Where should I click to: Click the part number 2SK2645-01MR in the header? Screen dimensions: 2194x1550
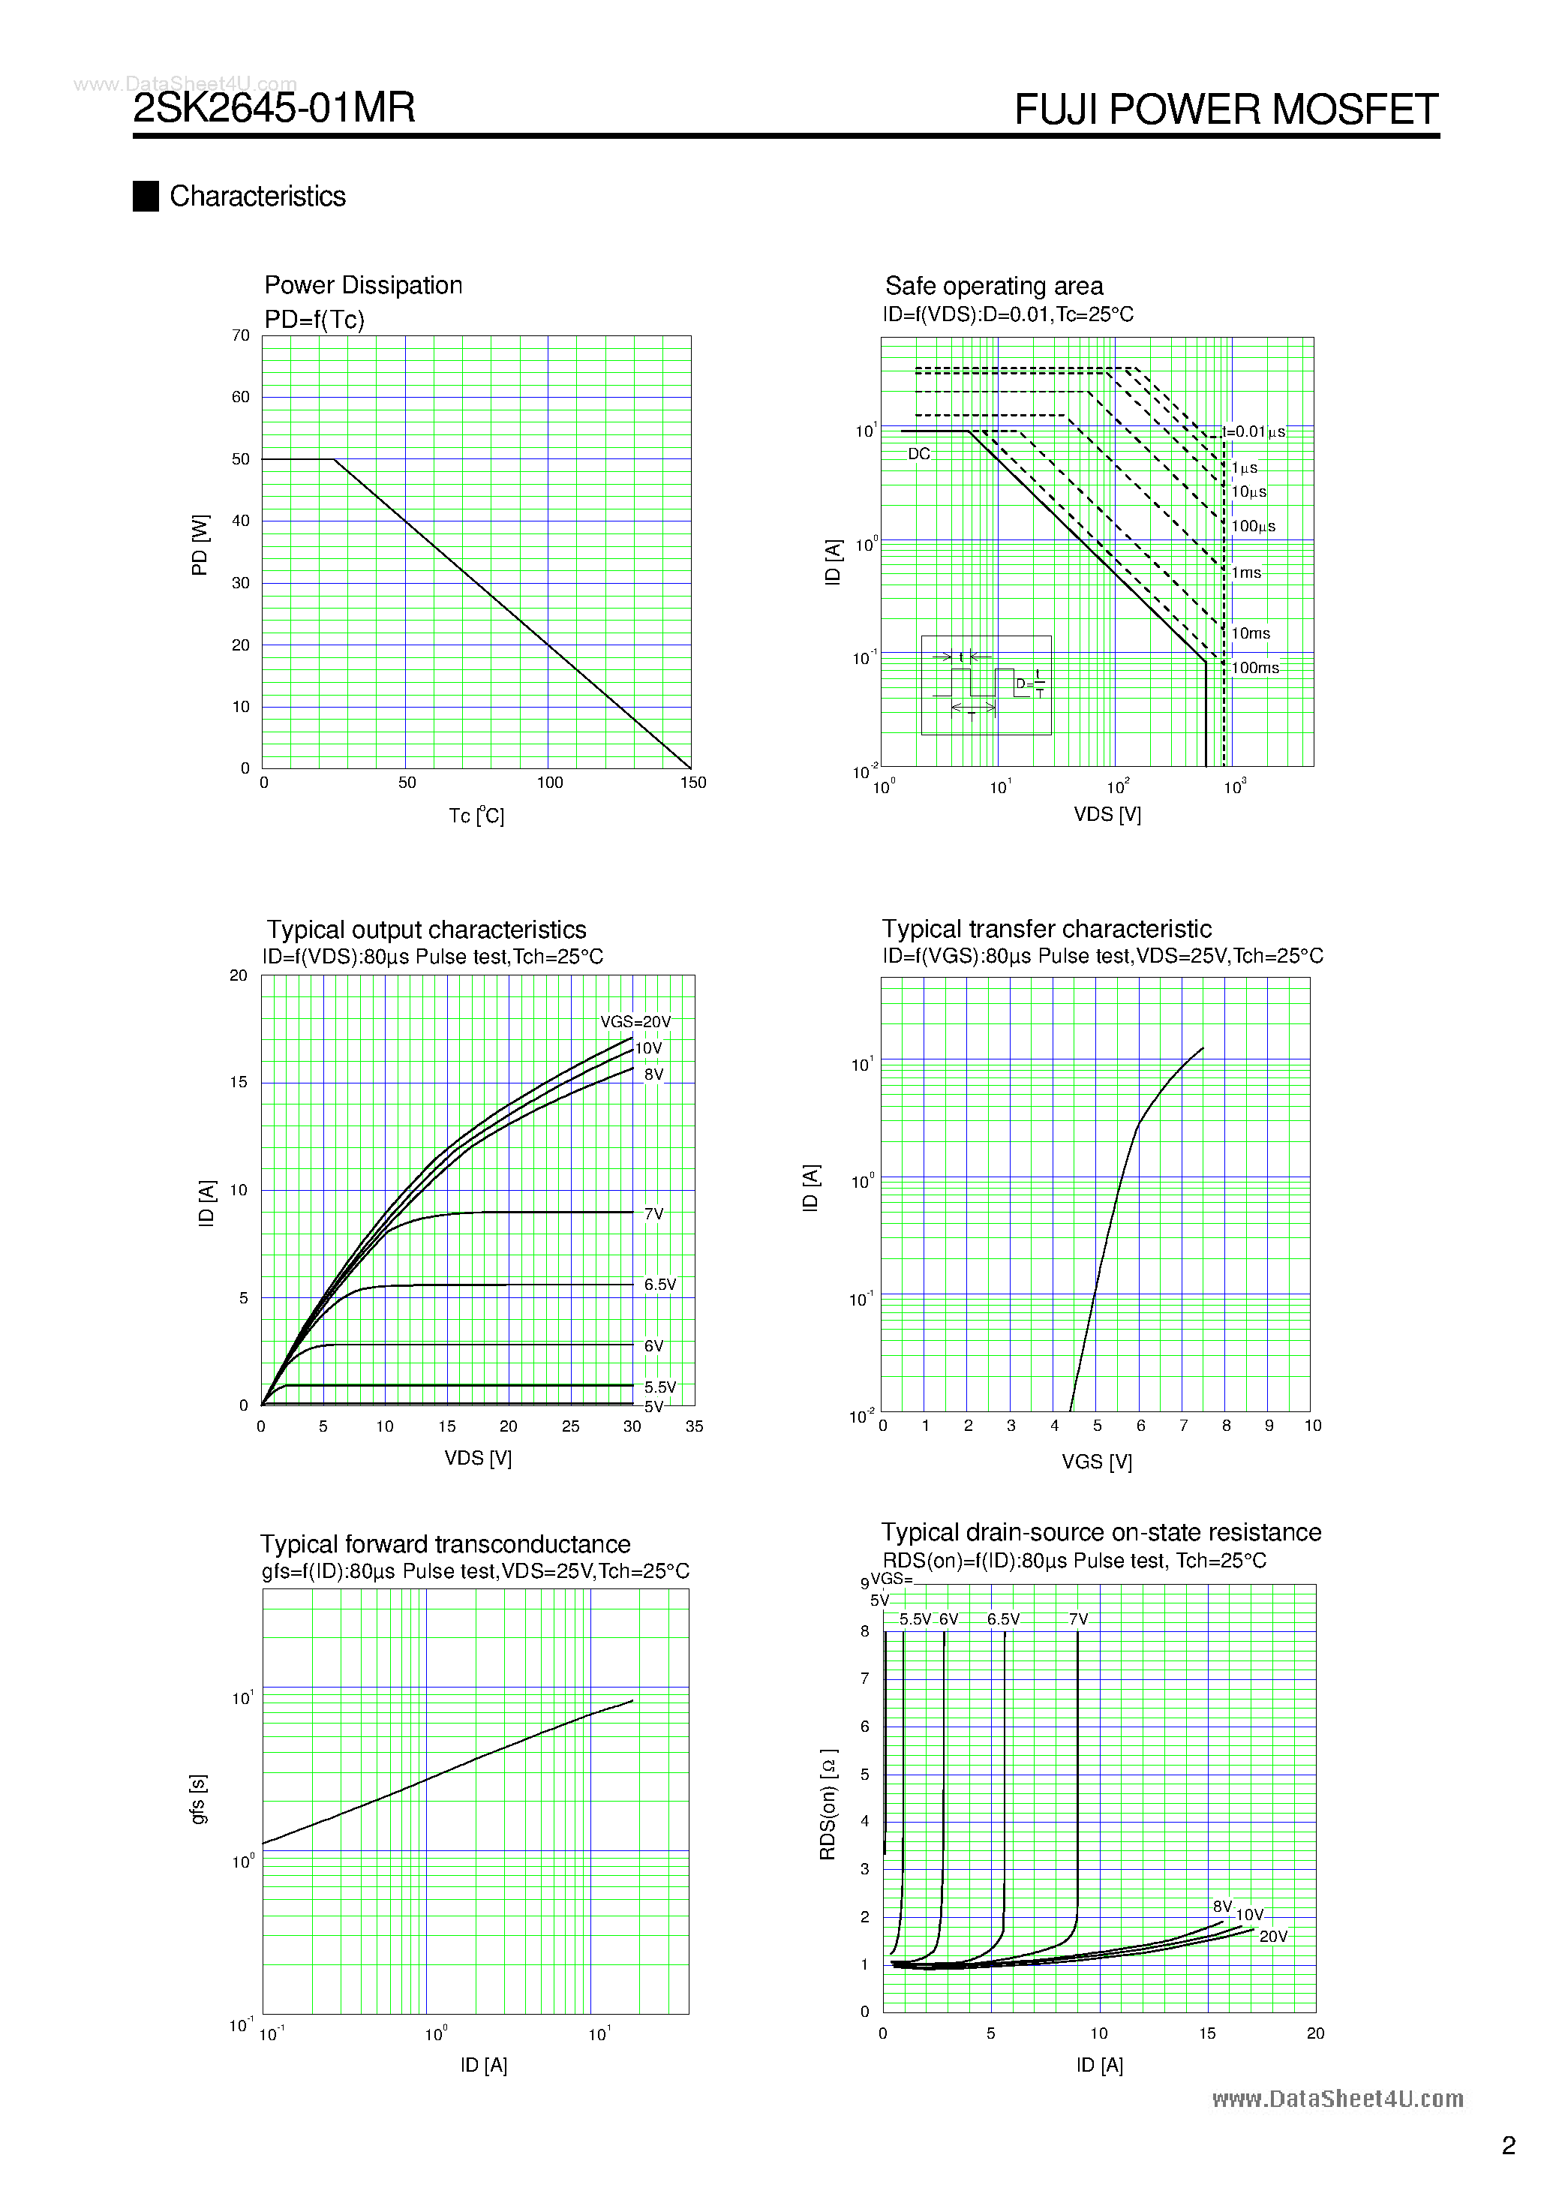pyautogui.click(x=275, y=108)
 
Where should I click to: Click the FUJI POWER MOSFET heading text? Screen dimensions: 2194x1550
pyautogui.click(x=1226, y=110)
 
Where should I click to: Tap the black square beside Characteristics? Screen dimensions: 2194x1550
pyautogui.click(x=146, y=196)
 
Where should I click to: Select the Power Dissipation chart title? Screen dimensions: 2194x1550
pyautogui.click(x=363, y=285)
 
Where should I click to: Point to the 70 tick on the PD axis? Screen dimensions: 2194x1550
pyautogui.click(x=240, y=335)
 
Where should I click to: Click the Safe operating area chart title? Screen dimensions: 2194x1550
pyautogui.click(x=994, y=286)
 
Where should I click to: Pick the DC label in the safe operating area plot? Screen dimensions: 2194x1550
pyautogui.click(x=918, y=454)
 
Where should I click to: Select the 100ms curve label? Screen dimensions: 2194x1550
pyautogui.click(x=1254, y=668)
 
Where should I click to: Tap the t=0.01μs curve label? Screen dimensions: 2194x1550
pyautogui.click(x=1254, y=432)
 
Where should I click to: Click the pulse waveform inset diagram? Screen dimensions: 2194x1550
pyautogui.click(x=986, y=685)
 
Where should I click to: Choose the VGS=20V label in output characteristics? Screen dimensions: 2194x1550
pyautogui.click(x=635, y=1021)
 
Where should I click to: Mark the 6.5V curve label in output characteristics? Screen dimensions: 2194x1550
pyautogui.click(x=659, y=1285)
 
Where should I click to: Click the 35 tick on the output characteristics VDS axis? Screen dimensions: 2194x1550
pyautogui.click(x=695, y=1426)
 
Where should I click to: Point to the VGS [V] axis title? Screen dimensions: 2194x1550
pyautogui.click(x=1097, y=1461)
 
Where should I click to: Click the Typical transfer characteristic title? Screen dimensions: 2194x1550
pyautogui.click(x=1047, y=929)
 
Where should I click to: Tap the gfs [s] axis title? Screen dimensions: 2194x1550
pyautogui.click(x=198, y=1799)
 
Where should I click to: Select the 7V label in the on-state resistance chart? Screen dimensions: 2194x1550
pyautogui.click(x=1078, y=1618)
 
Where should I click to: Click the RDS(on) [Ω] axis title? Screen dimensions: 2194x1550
pyautogui.click(x=828, y=1804)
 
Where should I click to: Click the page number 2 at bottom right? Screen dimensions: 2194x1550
pyautogui.click(x=1509, y=2145)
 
